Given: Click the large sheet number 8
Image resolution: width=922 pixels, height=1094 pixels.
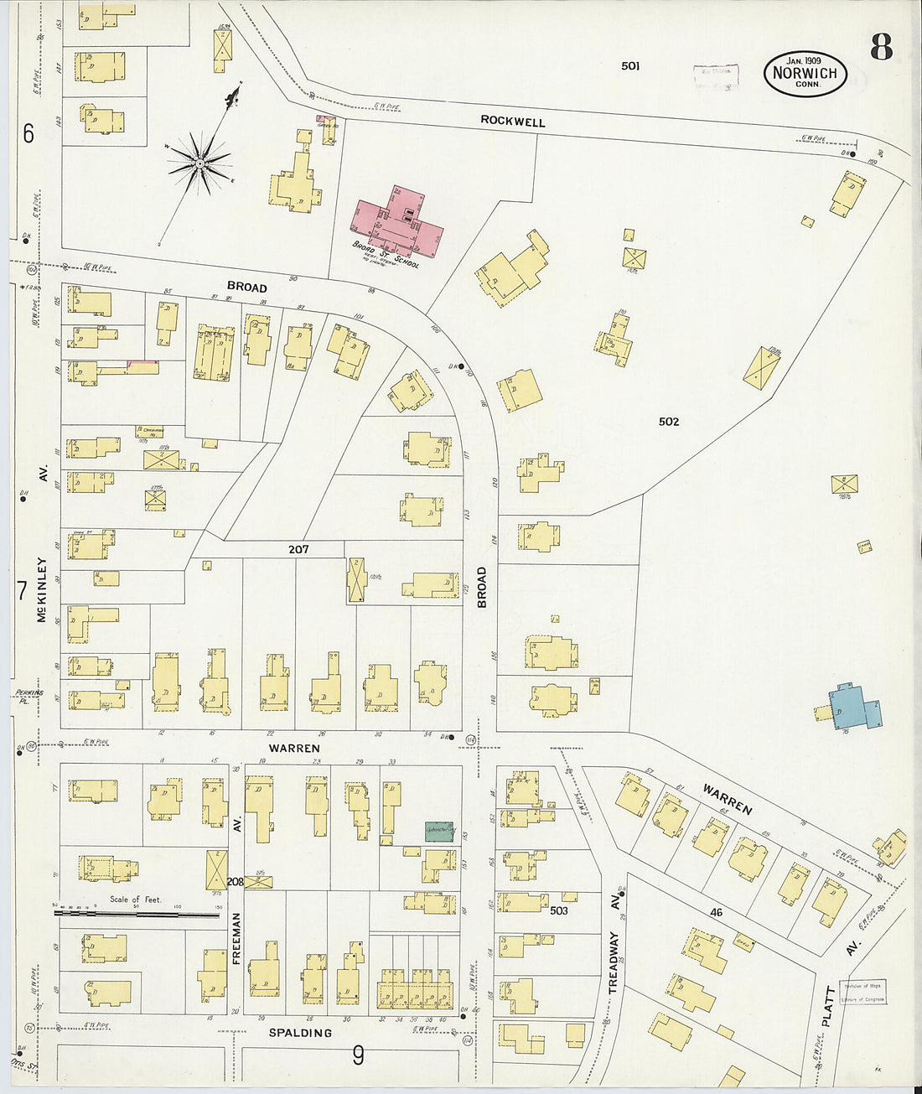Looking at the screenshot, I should pos(880,48).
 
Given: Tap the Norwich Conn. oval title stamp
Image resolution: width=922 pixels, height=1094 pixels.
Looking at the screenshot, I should pos(805,74).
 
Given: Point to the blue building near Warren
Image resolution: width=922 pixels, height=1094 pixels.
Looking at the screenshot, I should pos(853,707).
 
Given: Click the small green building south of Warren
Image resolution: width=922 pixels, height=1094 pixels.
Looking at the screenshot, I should pos(439,831).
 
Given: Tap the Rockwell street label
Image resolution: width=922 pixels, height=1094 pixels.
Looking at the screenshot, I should pos(512,122).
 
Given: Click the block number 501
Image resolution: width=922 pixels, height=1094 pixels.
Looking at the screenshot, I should pos(630,65).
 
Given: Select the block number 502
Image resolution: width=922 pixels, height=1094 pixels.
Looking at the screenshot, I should pos(668,422).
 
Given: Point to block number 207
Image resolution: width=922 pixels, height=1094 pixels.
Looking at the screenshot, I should pos(298,549).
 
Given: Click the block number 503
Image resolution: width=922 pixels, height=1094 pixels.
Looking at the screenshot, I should pos(558,910).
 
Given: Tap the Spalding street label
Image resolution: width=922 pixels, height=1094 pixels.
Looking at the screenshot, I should pos(299,1033).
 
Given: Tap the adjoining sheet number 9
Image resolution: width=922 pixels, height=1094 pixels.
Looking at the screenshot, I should pos(358,1055).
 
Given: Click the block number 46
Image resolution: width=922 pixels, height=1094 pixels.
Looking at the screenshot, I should pos(715,912).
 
